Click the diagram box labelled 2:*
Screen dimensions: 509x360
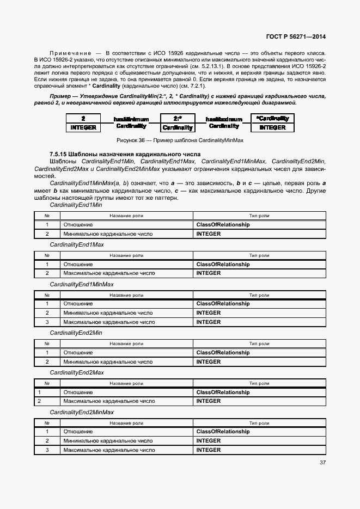[178, 118]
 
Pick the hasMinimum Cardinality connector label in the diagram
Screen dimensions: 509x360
[131, 122]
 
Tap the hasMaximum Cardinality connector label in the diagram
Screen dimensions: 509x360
[224, 122]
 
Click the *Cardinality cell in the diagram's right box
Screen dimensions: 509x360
[272, 118]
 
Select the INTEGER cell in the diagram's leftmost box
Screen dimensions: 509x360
[83, 127]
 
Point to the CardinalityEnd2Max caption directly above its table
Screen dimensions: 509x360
[77, 372]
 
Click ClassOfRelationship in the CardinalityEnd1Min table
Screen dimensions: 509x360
[223, 225]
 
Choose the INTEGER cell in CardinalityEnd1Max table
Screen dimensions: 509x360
[209, 273]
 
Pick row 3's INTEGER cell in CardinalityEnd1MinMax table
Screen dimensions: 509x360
[209, 322]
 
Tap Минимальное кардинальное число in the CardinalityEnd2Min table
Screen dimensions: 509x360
[108, 361]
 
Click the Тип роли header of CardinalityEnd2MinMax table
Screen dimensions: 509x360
[259, 422]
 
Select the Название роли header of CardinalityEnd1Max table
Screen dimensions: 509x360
[126, 255]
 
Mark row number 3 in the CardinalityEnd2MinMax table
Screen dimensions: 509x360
[47, 450]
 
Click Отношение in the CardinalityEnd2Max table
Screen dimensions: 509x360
[78, 393]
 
